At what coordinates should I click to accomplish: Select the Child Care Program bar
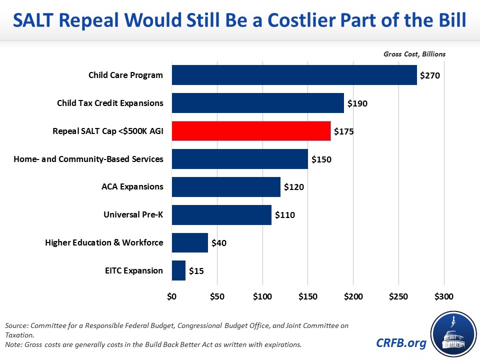click(294, 75)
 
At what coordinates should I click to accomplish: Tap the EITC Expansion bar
click(178, 270)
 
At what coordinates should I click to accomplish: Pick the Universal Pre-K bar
click(221, 214)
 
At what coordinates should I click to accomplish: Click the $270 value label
click(430, 75)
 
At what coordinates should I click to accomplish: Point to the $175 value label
click(344, 131)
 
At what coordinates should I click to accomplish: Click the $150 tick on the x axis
click(307, 296)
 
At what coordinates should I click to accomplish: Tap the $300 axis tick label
click(443, 296)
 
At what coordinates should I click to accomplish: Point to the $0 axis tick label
click(171, 296)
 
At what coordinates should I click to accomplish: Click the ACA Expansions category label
click(132, 186)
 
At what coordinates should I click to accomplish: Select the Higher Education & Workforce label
click(104, 242)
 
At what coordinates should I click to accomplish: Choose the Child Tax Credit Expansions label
click(110, 103)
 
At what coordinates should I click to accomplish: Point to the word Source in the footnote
click(17, 325)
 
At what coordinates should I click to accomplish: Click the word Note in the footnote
click(14, 345)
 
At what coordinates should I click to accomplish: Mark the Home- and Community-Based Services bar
click(239, 159)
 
